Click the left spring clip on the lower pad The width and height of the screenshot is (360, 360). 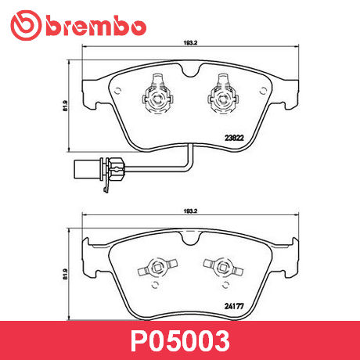[153, 268]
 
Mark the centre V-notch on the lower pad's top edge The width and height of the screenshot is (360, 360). [185, 235]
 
